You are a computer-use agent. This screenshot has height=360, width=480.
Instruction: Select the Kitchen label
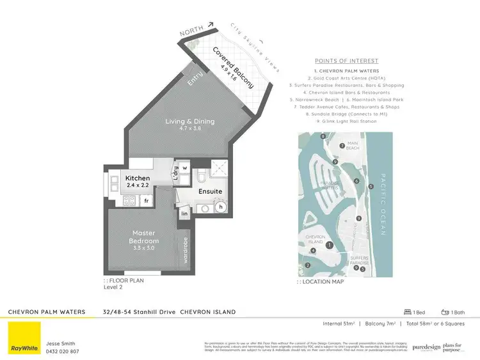pyautogui.click(x=137, y=178)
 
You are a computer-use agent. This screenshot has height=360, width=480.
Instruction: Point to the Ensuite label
pyautogui.click(x=210, y=191)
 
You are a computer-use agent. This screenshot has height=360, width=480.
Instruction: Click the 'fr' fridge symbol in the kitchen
pyautogui.click(x=146, y=200)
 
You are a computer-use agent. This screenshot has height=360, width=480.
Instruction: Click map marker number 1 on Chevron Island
pyautogui.click(x=329, y=245)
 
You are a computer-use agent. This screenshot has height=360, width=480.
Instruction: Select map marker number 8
pyautogui.click(x=323, y=137)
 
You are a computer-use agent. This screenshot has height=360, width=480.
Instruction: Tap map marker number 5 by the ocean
pyautogui.click(x=371, y=186)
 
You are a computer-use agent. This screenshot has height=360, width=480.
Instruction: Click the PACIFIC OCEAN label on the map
pyautogui.click(x=384, y=205)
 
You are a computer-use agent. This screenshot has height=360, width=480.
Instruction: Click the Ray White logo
pyautogui.click(x=21, y=337)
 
